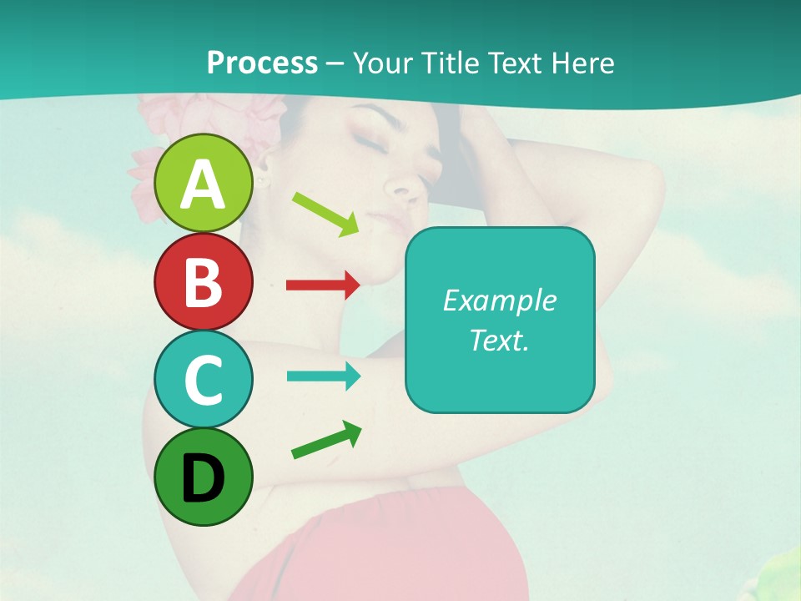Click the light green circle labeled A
click(204, 183)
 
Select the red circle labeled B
click(204, 281)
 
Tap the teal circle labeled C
click(204, 379)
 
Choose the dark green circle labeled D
click(204, 477)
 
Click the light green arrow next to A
click(325, 213)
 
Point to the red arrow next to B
click(323, 285)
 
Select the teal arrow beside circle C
click(323, 376)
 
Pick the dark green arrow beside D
click(326, 440)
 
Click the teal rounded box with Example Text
click(500, 320)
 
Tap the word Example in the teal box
click(500, 300)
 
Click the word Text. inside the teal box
click(500, 340)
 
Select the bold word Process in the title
click(262, 63)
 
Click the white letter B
click(204, 282)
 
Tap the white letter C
click(204, 380)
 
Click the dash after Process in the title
click(335, 64)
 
